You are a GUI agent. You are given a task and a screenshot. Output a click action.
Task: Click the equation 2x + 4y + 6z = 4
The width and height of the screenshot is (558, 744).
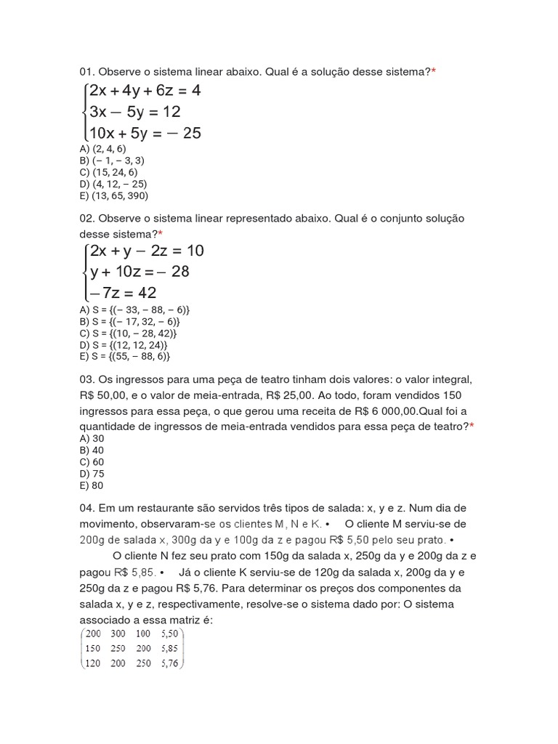click(145, 91)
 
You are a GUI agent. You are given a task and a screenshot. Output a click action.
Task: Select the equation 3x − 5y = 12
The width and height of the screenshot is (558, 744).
click(135, 112)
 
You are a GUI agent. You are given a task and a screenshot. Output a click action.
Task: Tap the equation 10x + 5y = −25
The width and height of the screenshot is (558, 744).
click(145, 133)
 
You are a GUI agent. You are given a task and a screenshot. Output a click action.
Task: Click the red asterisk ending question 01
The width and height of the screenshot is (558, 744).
click(434, 71)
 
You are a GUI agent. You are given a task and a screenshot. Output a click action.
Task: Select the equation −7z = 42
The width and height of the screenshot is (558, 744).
click(123, 293)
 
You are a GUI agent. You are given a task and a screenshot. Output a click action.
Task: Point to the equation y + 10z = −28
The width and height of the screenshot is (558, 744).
click(139, 272)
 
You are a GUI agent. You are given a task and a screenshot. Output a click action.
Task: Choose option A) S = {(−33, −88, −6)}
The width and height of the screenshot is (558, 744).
click(135, 310)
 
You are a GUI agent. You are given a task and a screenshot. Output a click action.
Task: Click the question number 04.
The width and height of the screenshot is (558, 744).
click(86, 508)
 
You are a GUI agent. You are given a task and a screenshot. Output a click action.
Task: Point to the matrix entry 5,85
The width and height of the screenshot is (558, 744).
click(171, 648)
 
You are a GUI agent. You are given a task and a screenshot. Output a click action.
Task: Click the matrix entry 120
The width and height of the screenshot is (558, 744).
click(93, 663)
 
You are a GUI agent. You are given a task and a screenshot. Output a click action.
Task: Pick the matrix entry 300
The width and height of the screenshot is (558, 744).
click(118, 634)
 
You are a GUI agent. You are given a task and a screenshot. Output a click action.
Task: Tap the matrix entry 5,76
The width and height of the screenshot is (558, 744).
click(171, 663)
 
